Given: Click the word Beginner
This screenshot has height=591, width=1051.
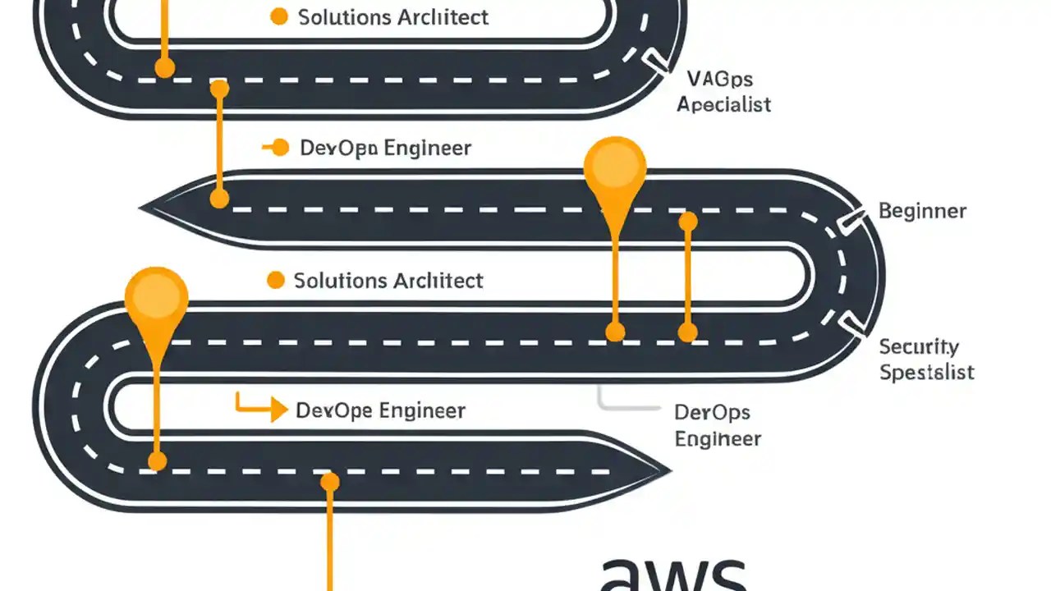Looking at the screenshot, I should pyautogui.click(x=922, y=211).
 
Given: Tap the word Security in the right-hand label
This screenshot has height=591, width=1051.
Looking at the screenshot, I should pyautogui.click(x=919, y=346).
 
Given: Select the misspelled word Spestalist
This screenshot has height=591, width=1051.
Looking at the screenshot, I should pyautogui.click(x=926, y=372).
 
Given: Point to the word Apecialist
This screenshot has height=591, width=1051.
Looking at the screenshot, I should pyautogui.click(x=723, y=105).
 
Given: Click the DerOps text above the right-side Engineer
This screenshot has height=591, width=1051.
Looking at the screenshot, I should pyautogui.click(x=712, y=412).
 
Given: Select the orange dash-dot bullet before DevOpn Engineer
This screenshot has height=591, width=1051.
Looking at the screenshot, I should pyautogui.click(x=276, y=148).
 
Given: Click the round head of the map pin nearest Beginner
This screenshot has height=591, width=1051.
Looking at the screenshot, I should pyautogui.click(x=615, y=167).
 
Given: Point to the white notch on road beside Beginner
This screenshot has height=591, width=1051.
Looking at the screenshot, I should pyautogui.click(x=851, y=218).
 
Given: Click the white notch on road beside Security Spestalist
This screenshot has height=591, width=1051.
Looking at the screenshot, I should pyautogui.click(x=854, y=327).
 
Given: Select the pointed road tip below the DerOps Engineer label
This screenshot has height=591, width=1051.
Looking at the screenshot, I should pyautogui.click(x=661, y=472).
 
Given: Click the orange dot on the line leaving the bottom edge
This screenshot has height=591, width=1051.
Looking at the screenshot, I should pyautogui.click(x=329, y=482).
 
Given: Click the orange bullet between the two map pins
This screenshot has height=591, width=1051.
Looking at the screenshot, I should pyautogui.click(x=276, y=281).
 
